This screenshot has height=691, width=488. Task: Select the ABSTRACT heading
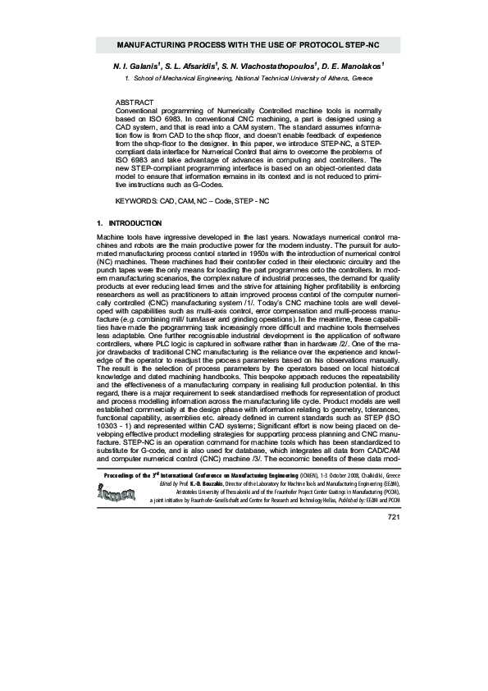135,102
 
